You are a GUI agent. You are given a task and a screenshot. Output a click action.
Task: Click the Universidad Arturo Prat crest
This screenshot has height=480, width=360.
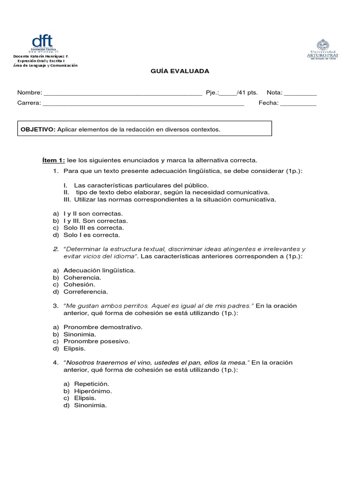pos(322,45)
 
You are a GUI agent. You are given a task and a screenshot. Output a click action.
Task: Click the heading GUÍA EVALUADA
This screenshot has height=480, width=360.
pos(180,71)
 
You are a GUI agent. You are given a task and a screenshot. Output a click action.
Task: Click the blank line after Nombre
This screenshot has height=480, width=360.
pos(122,93)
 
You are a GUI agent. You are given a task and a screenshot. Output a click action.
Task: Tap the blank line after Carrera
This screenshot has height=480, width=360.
pos(143,103)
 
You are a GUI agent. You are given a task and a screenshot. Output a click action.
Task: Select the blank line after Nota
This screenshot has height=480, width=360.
pos(300,93)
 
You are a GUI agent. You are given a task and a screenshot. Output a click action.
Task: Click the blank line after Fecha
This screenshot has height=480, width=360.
pos(298,103)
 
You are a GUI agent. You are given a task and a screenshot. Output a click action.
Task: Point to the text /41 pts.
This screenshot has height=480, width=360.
pos(247,93)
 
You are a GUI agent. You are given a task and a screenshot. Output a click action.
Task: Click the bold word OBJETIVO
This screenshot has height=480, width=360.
pos(38,129)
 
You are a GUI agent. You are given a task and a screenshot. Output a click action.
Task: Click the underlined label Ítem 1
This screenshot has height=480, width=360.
pos(54,160)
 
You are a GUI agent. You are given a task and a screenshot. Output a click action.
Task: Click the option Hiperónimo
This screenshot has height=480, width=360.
pos(92,391)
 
